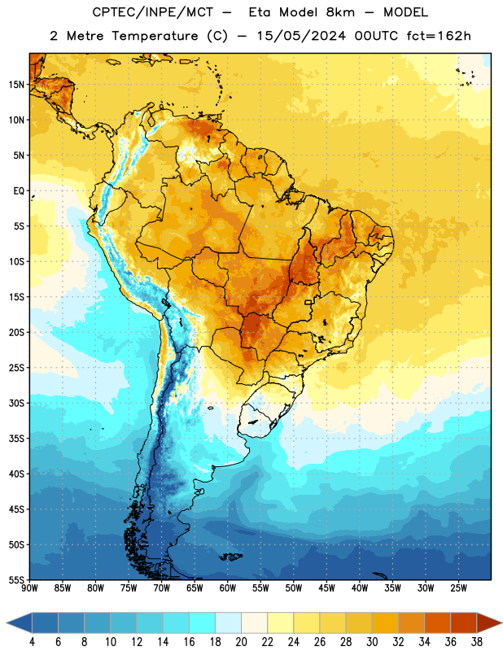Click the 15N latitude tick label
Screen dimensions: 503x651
pos(16,85)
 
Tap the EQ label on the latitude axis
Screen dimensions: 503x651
pos(19,191)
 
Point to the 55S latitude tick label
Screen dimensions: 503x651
pos(16,580)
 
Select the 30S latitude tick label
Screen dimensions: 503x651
pos(16,403)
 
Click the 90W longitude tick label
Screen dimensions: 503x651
pos(29,588)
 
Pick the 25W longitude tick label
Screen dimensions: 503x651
pos(458,588)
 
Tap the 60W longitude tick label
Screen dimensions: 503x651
pos(228,588)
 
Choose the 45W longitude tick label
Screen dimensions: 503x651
pos(326,588)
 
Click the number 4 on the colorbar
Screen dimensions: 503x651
pos(32,642)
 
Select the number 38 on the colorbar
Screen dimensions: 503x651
pos(477,642)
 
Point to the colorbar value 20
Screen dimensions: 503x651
pos(241,642)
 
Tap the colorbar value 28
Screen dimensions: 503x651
pos(346,642)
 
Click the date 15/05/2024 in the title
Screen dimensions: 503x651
pos(301,36)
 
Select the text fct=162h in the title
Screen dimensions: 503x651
pos(439,36)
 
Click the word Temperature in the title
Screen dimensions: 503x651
pos(155,36)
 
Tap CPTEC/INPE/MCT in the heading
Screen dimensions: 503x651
pos(153,12)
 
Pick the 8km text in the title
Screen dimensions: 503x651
pos(340,12)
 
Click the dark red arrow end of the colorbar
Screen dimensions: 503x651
pos(489,623)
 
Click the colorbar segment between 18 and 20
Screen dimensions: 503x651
pos(229,623)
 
